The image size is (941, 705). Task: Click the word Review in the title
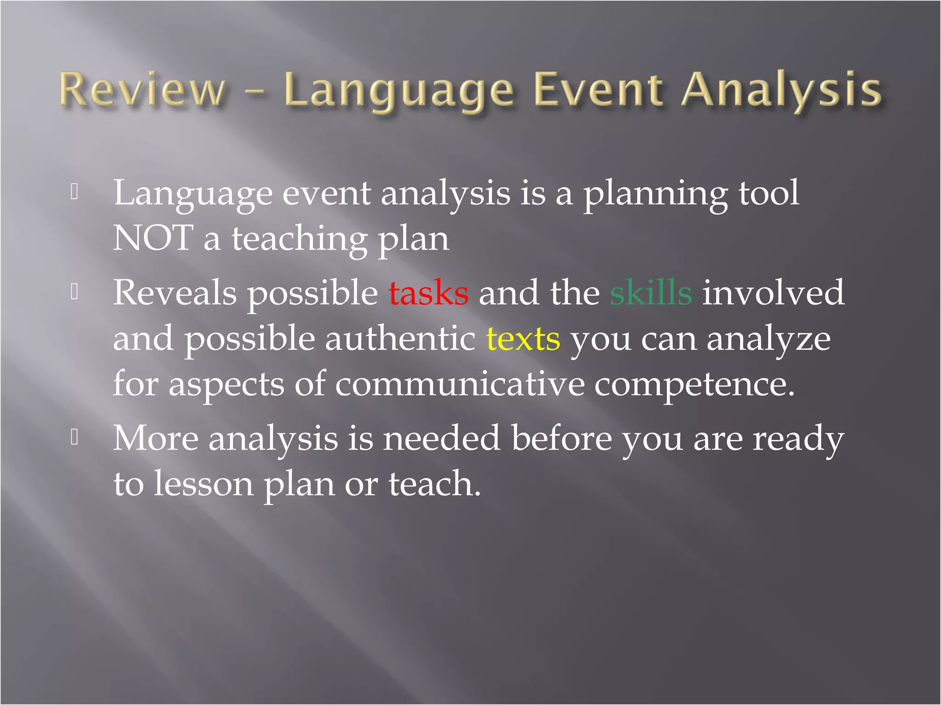tap(142, 90)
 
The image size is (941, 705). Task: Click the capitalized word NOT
tap(153, 238)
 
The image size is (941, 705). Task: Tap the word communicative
tap(459, 385)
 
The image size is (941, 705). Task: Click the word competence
tap(694, 385)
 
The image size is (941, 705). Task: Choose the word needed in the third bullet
tap(442, 438)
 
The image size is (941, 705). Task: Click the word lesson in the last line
tap(203, 484)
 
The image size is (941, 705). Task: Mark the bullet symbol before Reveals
tap(75, 292)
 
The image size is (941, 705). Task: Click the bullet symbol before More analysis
tap(75, 437)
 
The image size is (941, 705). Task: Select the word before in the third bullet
tap(561, 438)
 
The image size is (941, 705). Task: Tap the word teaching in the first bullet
tap(299, 239)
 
